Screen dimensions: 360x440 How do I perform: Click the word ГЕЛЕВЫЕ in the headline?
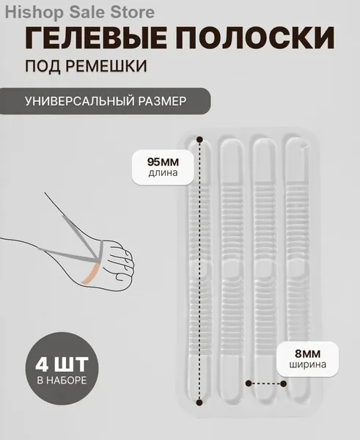(x=95, y=38)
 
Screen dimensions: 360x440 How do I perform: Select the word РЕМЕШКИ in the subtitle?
(x=106, y=66)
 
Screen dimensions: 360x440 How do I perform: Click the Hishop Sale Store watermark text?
(x=80, y=12)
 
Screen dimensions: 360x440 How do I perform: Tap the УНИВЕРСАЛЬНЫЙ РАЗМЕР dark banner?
(x=106, y=101)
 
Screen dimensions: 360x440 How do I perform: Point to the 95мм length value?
(x=163, y=162)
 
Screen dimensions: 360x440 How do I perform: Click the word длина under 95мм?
(x=163, y=173)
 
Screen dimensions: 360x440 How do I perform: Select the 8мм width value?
(x=307, y=354)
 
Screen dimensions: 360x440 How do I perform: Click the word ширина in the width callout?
(x=307, y=364)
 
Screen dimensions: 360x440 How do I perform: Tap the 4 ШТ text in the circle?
(x=62, y=364)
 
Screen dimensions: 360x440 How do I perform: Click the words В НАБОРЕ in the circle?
(x=62, y=380)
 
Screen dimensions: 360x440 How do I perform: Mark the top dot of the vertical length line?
(x=199, y=139)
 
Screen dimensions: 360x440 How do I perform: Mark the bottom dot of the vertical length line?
(x=199, y=403)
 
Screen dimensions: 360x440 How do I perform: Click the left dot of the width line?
(x=249, y=383)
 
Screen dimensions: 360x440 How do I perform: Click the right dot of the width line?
(x=284, y=384)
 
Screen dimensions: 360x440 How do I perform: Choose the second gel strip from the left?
(x=232, y=271)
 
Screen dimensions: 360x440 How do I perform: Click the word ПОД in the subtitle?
(x=43, y=66)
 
